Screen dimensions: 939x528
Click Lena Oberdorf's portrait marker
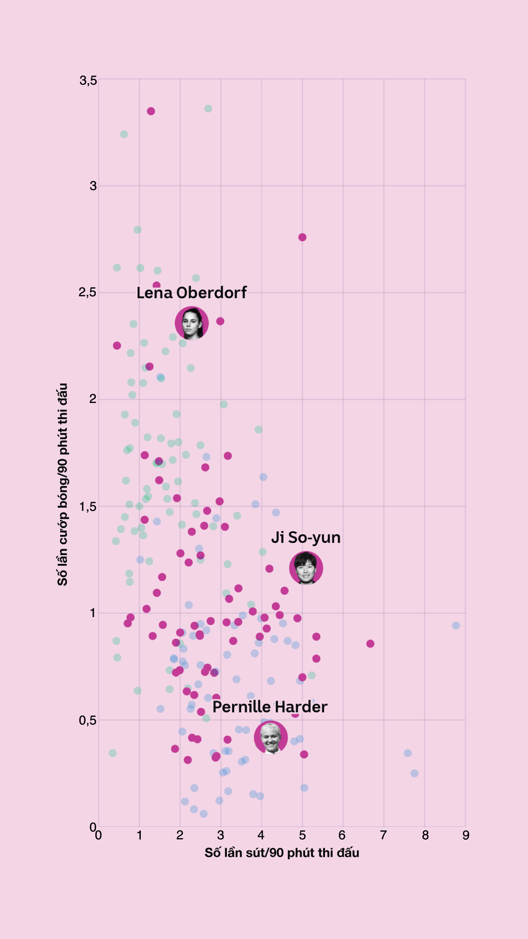point(192,323)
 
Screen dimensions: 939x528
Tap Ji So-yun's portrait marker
point(306,568)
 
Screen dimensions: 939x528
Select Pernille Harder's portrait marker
point(271,737)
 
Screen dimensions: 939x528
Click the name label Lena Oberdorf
point(192,293)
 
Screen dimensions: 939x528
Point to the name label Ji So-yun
point(306,537)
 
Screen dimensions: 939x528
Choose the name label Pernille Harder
point(270,707)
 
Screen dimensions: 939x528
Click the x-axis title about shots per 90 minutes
point(282,853)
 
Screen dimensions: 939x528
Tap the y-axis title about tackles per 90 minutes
point(63,484)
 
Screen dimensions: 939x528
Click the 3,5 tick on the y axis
point(88,81)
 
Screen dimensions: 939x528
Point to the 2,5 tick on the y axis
point(88,293)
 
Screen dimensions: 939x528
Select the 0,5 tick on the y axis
point(88,720)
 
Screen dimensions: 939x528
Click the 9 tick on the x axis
point(466,835)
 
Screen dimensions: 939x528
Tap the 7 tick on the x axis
point(384,835)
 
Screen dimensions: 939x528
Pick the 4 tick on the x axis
point(261,835)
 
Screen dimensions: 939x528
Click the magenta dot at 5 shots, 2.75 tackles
point(302,237)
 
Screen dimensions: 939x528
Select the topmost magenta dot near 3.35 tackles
point(151,112)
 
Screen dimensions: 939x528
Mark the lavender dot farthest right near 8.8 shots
point(456,626)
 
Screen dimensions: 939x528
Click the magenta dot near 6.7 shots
point(370,644)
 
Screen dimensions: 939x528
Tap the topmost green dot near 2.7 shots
point(208,109)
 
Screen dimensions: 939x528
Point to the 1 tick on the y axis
point(92,613)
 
